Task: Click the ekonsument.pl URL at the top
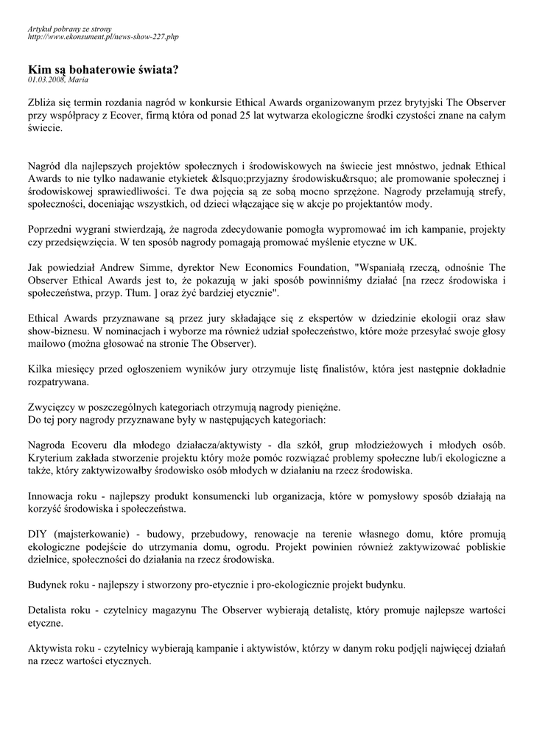click(103, 36)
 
